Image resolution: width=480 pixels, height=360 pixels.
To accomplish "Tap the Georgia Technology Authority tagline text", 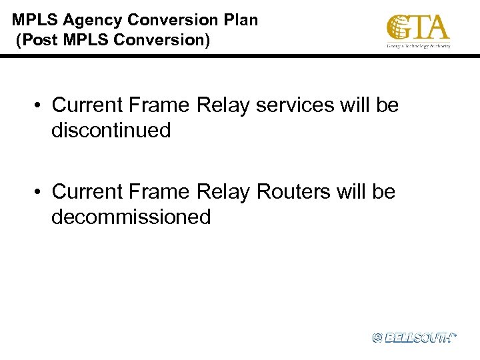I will (x=419, y=46).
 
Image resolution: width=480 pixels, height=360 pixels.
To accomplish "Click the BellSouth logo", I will (x=414, y=338).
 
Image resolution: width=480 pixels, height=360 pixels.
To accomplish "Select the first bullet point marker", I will (x=41, y=105).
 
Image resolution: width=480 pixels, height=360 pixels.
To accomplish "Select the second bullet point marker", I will (x=41, y=192).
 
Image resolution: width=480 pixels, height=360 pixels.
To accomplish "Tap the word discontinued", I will (x=111, y=130).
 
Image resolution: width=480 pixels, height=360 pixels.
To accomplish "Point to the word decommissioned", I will (x=131, y=217).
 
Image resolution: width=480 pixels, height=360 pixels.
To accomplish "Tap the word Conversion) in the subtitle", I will (x=162, y=41).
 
